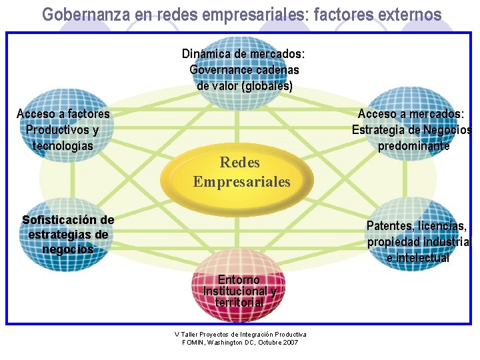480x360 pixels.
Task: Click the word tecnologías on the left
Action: (63, 145)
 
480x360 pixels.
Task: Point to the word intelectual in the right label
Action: (423, 258)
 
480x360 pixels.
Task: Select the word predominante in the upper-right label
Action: (413, 145)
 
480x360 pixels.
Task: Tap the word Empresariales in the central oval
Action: (241, 181)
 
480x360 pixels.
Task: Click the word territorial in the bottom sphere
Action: (239, 302)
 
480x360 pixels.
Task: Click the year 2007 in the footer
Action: (291, 342)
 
